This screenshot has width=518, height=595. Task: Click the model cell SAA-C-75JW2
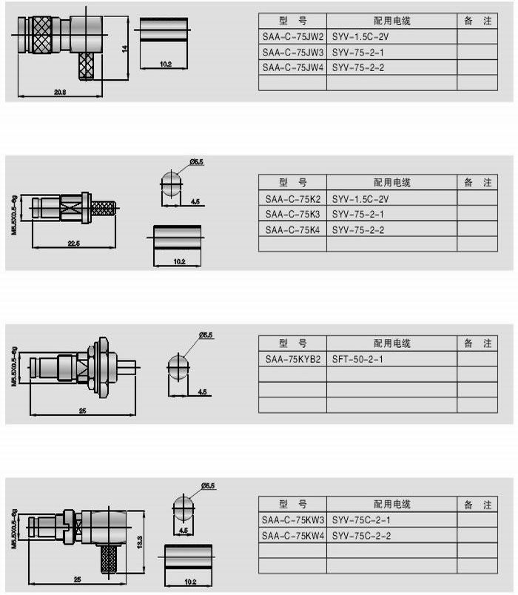(292, 36)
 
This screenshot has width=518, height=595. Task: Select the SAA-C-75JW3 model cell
(292, 52)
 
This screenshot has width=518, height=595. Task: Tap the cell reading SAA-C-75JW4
(292, 67)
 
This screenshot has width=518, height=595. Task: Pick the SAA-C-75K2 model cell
(292, 198)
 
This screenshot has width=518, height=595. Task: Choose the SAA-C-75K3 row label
(292, 214)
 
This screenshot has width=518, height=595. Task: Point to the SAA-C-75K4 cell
(292, 230)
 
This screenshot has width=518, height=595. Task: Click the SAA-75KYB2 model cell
(292, 359)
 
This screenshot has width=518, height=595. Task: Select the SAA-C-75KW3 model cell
(292, 520)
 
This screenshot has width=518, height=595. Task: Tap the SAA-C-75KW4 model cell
(292, 535)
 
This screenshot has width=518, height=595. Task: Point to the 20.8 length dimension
(60, 92)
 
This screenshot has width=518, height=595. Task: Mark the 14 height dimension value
(126, 48)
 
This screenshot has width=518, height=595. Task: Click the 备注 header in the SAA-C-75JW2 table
(477, 21)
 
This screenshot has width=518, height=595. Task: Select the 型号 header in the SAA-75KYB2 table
(292, 343)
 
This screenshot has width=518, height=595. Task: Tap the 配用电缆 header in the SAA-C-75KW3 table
(391, 504)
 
